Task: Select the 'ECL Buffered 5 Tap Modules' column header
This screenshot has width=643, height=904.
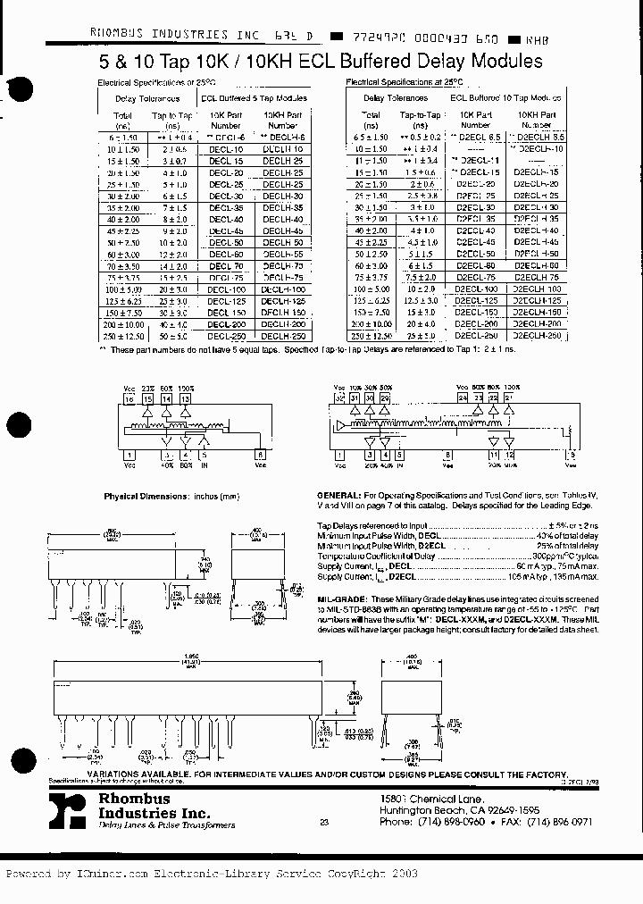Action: [254, 99]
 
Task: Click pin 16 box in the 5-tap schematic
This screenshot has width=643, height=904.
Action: [129, 399]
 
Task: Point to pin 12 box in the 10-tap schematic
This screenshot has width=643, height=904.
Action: [510, 455]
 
